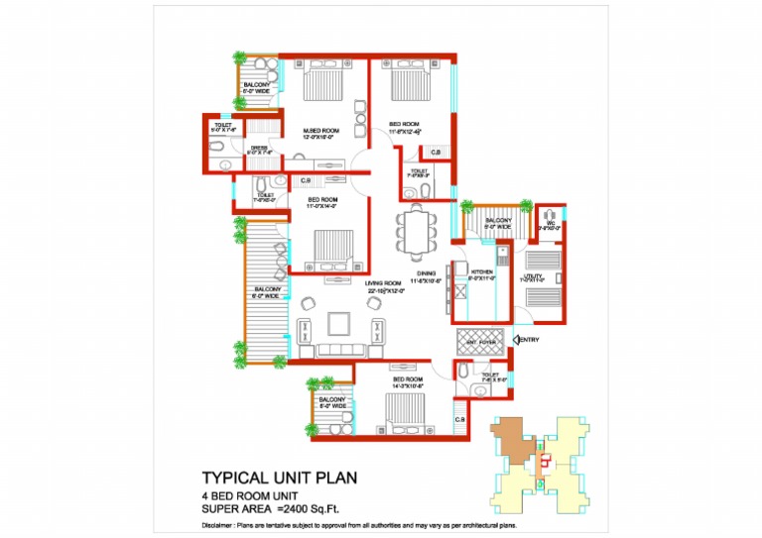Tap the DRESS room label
(259, 149)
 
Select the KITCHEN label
(482, 271)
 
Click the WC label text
(548, 222)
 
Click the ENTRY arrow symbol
(519, 341)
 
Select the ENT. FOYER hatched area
(481, 342)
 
